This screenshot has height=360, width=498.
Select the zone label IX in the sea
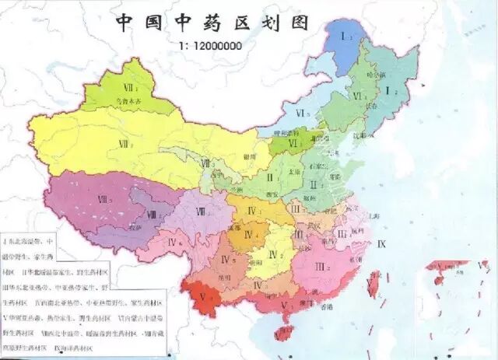pyautogui.click(x=381, y=243)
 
